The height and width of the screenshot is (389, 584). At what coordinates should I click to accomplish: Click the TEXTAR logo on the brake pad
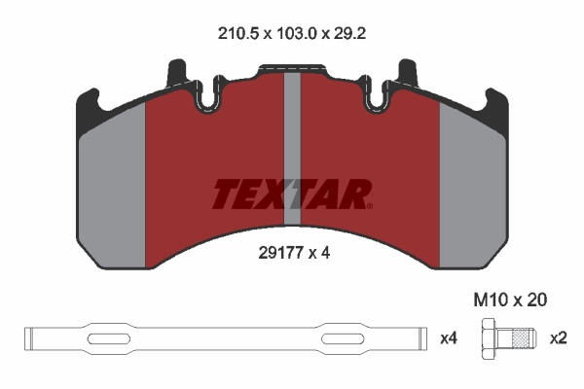[292, 194]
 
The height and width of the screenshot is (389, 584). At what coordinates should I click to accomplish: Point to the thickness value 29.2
[349, 34]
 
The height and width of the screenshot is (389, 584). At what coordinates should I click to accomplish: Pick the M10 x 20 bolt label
[510, 300]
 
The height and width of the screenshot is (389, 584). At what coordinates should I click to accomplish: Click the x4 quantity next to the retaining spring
[449, 338]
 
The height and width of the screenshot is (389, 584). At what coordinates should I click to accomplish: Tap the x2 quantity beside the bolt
[559, 338]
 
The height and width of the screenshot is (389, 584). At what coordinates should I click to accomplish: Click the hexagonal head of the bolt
[489, 338]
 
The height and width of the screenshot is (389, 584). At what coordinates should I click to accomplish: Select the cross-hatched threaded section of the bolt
[521, 338]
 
